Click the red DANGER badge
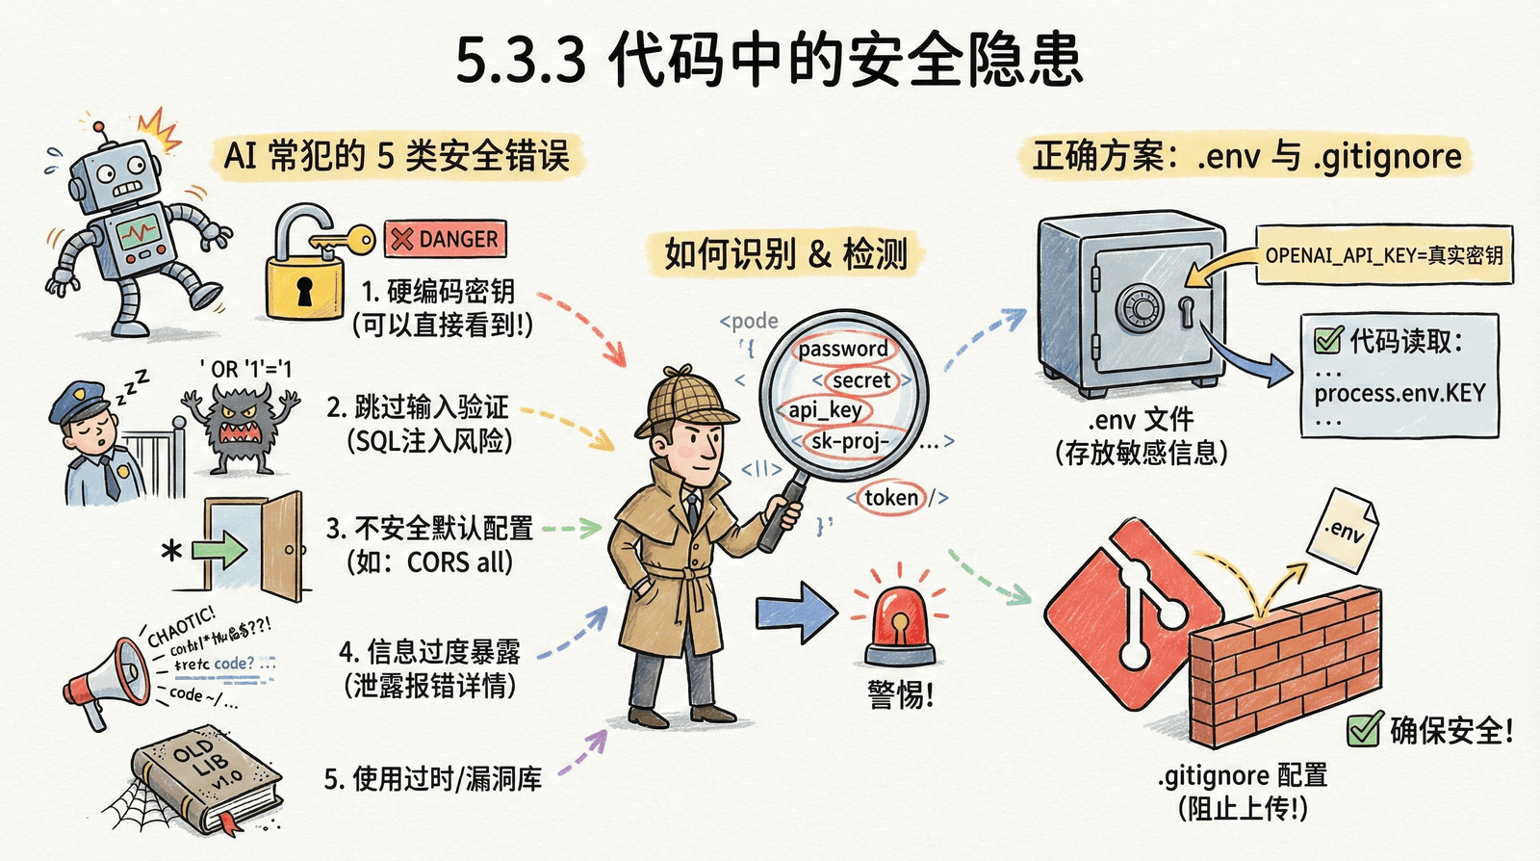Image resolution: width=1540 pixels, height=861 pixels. [x=445, y=239]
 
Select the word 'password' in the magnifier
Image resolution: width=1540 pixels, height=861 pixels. [x=843, y=349]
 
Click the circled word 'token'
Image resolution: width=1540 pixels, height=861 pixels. [x=891, y=498]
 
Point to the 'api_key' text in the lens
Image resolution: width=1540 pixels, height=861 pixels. [x=825, y=410]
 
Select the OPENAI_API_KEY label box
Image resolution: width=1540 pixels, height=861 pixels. [x=1384, y=255]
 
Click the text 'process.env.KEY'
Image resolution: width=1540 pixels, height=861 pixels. [x=1399, y=393]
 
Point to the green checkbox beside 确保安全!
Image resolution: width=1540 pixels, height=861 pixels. [x=1364, y=730]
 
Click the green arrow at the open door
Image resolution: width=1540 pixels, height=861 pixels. [x=219, y=551]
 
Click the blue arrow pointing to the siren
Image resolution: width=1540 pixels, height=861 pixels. [x=795, y=613]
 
